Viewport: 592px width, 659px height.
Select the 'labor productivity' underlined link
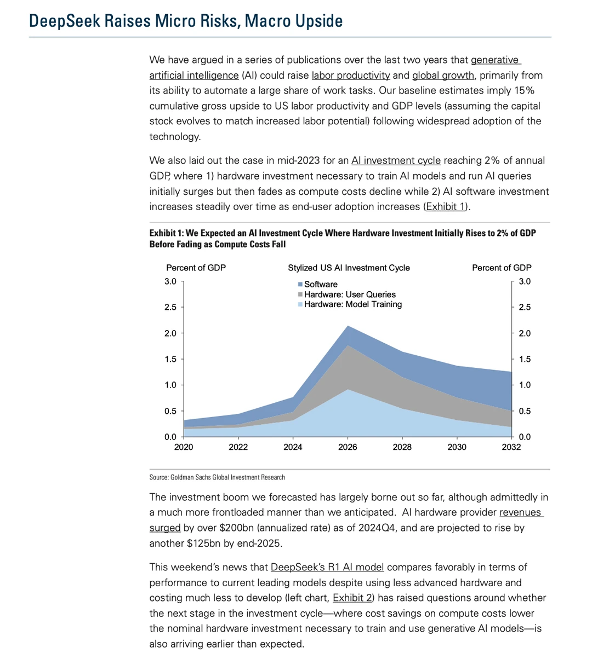tap(351, 76)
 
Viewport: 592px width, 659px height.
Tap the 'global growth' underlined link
tap(443, 76)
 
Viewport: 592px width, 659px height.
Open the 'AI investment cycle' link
tap(396, 161)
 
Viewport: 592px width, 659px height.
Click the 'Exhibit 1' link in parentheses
tap(446, 206)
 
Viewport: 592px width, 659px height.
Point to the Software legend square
tap(300, 284)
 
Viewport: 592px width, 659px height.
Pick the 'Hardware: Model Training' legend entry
tap(350, 304)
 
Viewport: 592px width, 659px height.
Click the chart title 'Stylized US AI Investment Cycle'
tap(349, 268)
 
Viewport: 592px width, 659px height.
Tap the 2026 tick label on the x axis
tap(348, 447)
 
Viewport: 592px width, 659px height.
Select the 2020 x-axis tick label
tap(184, 447)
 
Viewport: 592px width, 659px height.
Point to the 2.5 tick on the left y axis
tap(170, 307)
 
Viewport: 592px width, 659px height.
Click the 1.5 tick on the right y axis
tap(525, 359)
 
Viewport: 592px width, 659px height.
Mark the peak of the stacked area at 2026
tap(348, 326)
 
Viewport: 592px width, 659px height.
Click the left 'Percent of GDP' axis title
tap(196, 268)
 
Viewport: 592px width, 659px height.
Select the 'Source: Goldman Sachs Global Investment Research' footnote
tap(217, 477)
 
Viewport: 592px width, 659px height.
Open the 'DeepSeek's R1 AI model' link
tap(327, 567)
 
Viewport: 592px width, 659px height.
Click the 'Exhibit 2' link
tap(352, 598)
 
